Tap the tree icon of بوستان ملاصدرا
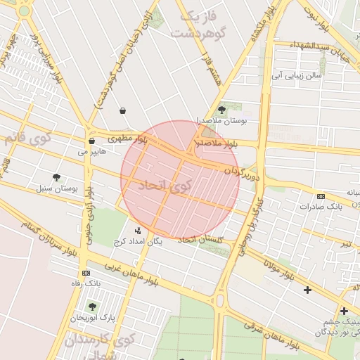click(x=222, y=110)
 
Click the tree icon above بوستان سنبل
click(x=56, y=177)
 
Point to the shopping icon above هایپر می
click(x=91, y=141)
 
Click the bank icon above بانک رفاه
click(x=86, y=273)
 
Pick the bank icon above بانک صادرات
click(x=321, y=196)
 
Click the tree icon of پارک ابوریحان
click(x=91, y=307)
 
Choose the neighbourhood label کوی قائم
click(x=27, y=138)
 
